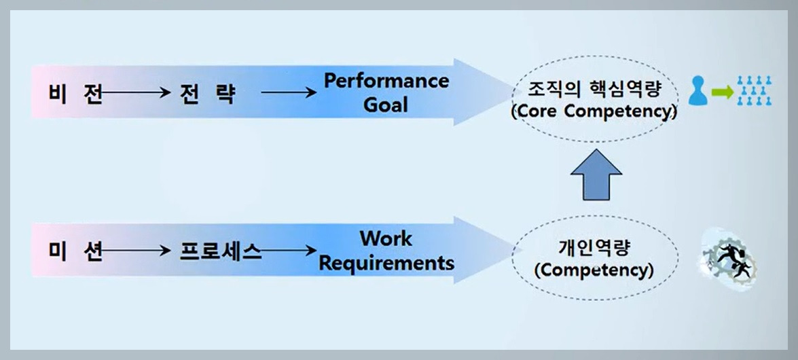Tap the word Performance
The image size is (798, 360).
pyautogui.click(x=386, y=81)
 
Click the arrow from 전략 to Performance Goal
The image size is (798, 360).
pyautogui.click(x=289, y=93)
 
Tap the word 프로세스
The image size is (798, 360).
pyautogui.click(x=220, y=251)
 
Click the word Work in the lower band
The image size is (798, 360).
pyautogui.click(x=386, y=238)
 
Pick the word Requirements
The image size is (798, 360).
pyautogui.click(x=386, y=262)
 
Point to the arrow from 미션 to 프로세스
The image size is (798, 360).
pyautogui.click(x=136, y=251)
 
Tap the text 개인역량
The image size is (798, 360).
pyautogui.click(x=594, y=248)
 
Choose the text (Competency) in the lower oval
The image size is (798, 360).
pyautogui.click(x=594, y=270)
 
